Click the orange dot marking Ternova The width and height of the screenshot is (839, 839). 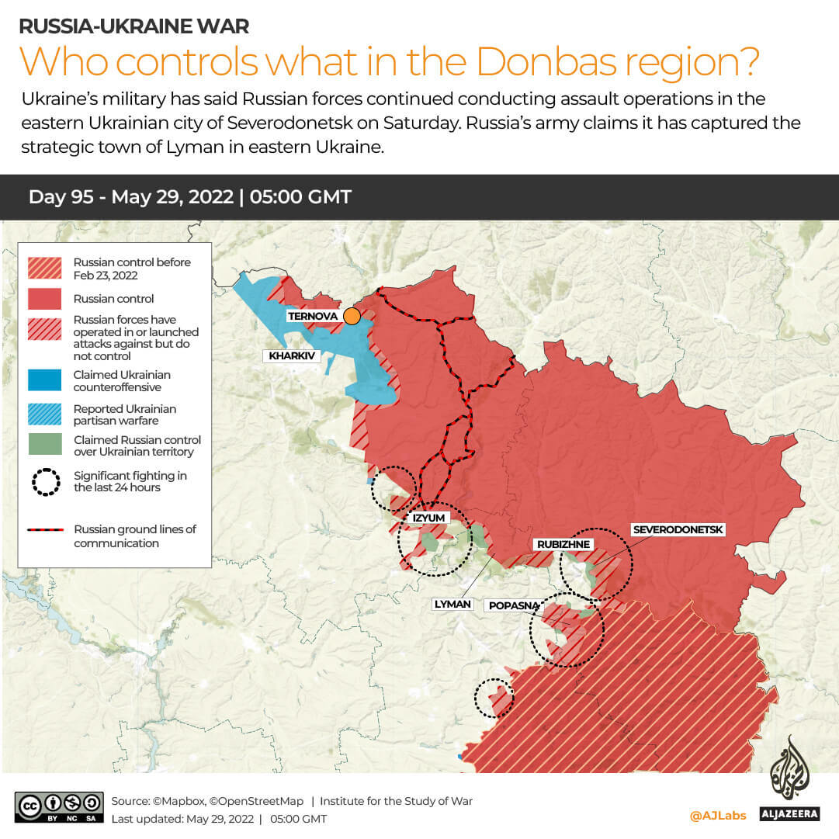[x=352, y=316]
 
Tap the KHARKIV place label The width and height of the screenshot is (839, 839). [x=292, y=356]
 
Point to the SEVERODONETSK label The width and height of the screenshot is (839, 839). [x=678, y=529]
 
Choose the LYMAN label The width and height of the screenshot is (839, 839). [x=452, y=603]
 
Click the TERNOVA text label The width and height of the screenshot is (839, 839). [x=314, y=316]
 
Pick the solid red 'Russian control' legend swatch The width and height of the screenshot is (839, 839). [x=45, y=299]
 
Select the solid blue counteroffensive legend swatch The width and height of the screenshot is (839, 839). [x=45, y=380]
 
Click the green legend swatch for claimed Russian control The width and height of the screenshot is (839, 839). [x=45, y=445]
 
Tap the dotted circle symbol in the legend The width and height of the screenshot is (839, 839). [x=46, y=482]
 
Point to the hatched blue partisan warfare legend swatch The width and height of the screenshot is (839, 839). [x=45, y=414]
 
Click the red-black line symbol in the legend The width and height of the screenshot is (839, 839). [x=46, y=530]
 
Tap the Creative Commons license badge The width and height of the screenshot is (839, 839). [x=59, y=806]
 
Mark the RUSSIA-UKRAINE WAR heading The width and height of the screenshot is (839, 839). [x=133, y=26]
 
